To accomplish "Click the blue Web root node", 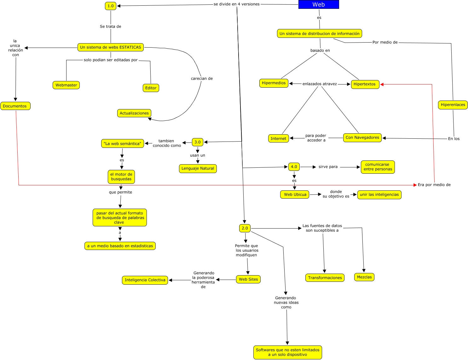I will (x=319, y=4).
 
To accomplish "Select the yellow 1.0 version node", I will (x=110, y=6).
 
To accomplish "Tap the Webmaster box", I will (x=66, y=85).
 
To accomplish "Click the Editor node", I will (x=151, y=88).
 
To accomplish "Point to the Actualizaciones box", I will (x=134, y=113).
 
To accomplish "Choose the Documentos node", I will (x=15, y=106).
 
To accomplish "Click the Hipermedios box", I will (x=274, y=83).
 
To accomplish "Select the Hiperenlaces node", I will (x=453, y=105).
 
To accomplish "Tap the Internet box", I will (x=278, y=138).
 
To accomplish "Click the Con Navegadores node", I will (x=362, y=137).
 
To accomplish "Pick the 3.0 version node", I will (x=198, y=142).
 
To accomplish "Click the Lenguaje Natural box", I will (x=198, y=168).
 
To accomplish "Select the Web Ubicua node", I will (x=295, y=195).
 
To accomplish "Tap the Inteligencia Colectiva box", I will (x=145, y=280).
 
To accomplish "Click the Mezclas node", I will (x=364, y=277).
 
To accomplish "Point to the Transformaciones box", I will (x=325, y=278).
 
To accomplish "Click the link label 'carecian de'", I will (x=202, y=78).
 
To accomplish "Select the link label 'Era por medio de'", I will (x=434, y=185).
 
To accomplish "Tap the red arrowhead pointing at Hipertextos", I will (x=382, y=84).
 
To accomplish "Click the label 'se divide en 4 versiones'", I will (x=236, y=4).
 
